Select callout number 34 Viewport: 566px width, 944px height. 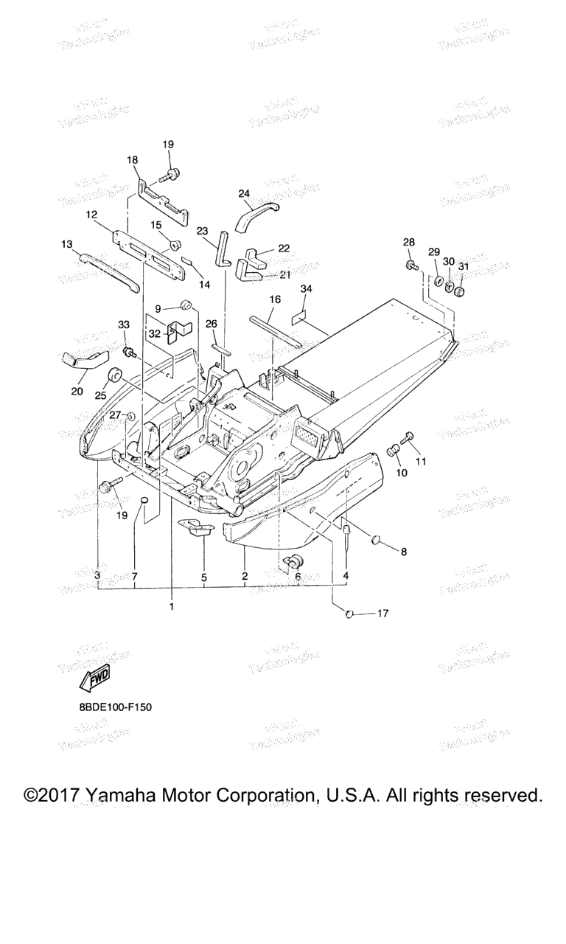(305, 289)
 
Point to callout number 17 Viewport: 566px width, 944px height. (382, 613)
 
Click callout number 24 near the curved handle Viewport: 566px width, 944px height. (245, 194)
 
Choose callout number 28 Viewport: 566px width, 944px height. (409, 243)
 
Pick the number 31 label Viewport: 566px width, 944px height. (463, 266)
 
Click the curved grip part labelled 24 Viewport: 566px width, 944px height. (256, 213)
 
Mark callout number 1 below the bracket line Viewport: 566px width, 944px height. (172, 606)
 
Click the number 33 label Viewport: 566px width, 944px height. (123, 324)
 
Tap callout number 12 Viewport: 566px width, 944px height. (91, 215)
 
